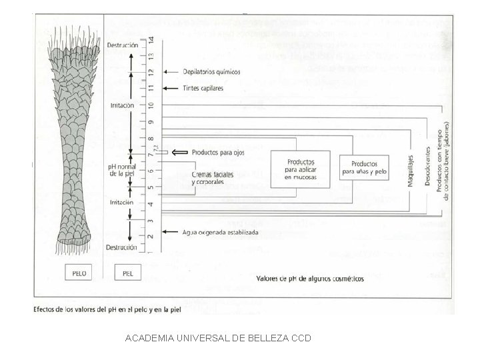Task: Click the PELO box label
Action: (79, 273)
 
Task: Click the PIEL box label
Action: (127, 273)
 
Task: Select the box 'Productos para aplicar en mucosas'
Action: (300, 169)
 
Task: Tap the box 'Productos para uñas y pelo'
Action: (364, 167)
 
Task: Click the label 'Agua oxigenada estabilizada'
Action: (220, 233)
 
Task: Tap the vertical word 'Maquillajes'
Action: (411, 171)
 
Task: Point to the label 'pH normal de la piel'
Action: (122, 169)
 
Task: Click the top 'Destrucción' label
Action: (122, 45)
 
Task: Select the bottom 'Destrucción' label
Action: (121, 248)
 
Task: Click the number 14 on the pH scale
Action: (152, 40)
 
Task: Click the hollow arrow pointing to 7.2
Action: (179, 153)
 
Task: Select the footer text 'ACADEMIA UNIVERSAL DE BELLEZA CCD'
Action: (217, 338)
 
